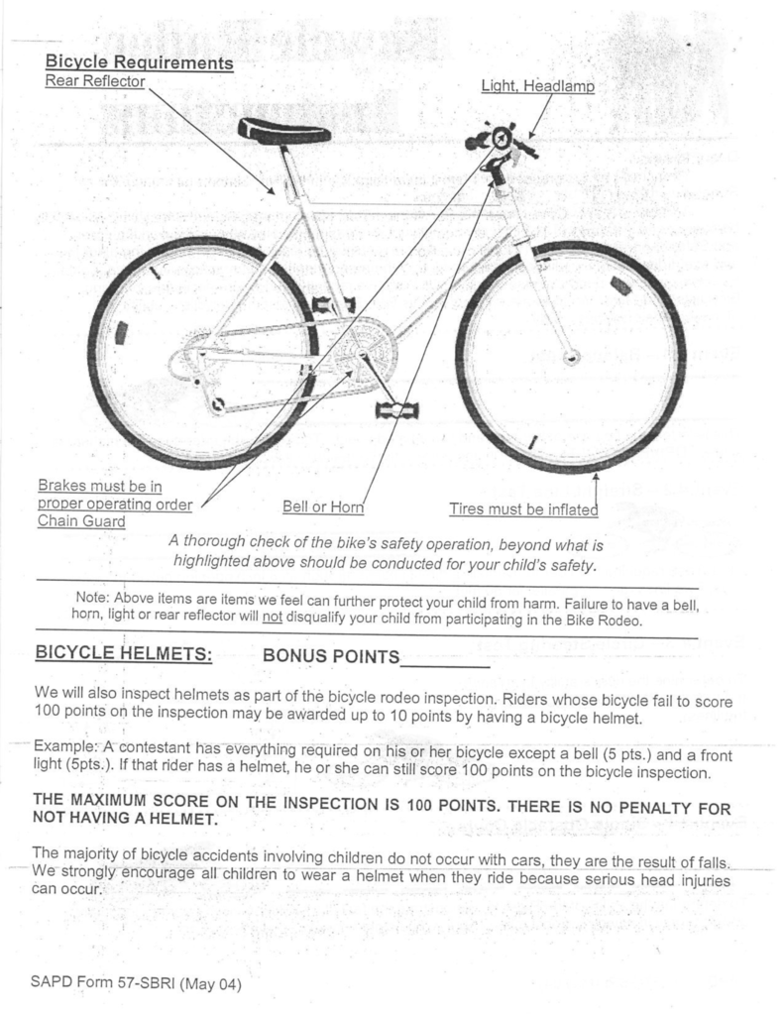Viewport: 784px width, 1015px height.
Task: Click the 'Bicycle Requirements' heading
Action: point(139,63)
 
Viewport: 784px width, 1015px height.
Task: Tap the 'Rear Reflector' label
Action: point(95,81)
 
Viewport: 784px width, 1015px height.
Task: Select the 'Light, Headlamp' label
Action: point(537,87)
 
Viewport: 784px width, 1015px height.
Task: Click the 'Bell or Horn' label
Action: point(323,507)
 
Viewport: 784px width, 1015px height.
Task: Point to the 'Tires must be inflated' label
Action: point(523,509)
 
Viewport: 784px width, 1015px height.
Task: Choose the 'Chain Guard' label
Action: point(81,521)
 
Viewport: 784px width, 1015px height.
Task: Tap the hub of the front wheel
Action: point(571,357)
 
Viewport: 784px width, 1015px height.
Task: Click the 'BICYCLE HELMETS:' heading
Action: point(123,654)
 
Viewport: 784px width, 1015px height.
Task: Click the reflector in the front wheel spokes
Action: point(621,287)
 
